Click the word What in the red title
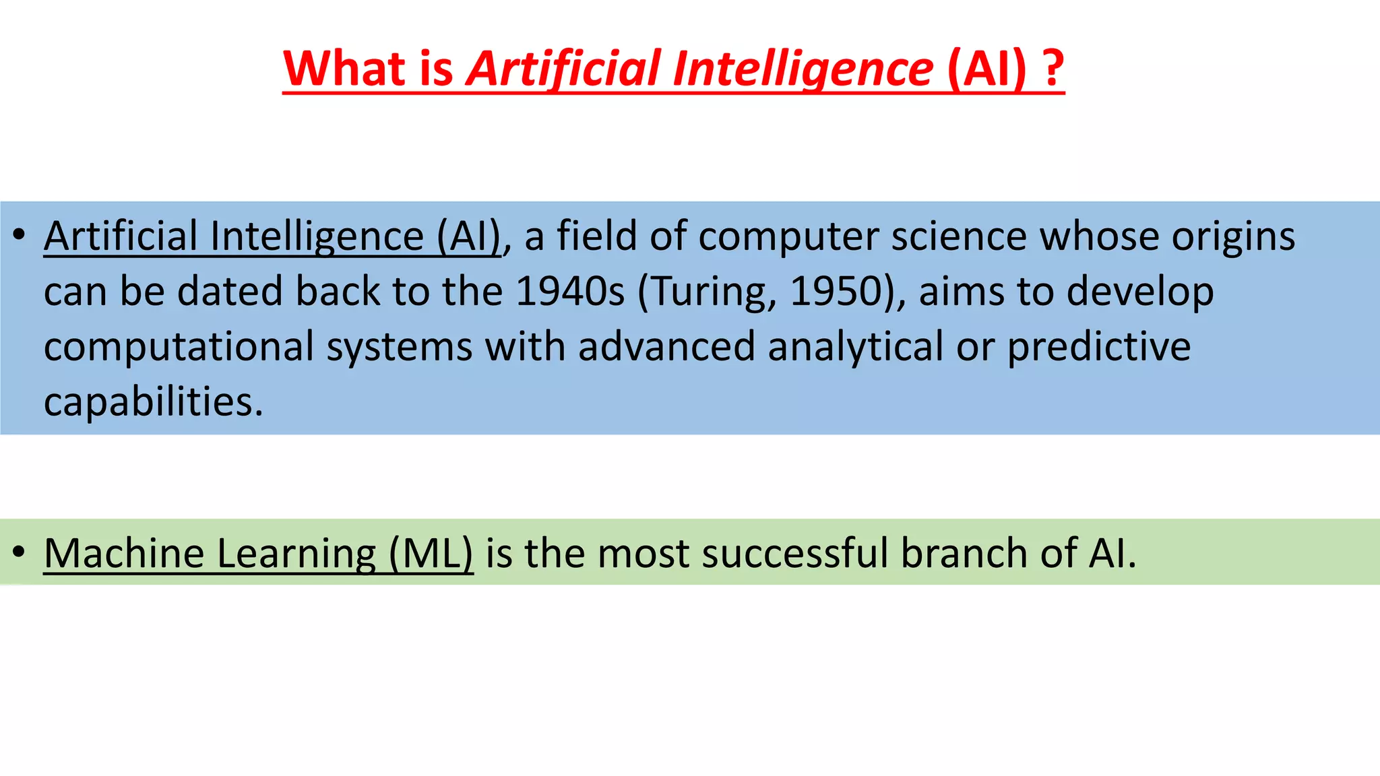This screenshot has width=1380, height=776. pos(344,69)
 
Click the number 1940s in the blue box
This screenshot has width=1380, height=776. pos(570,292)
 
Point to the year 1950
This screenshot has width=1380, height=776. pos(836,292)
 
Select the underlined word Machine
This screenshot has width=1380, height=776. pos(124,553)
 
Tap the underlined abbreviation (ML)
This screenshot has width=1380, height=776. pos(431,554)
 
